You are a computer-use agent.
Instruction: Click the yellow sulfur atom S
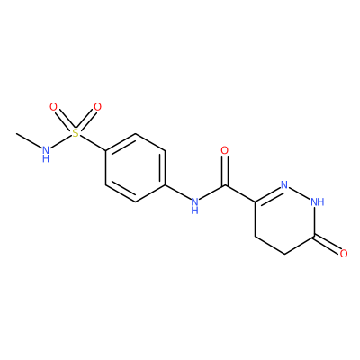(x=76, y=133)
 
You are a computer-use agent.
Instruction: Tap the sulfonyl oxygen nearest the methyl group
(x=53, y=107)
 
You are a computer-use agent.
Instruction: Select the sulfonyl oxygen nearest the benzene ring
(x=97, y=107)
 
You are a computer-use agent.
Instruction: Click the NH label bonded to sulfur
(x=46, y=153)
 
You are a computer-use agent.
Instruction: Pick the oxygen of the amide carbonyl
(x=225, y=150)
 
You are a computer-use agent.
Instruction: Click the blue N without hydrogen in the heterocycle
(x=284, y=184)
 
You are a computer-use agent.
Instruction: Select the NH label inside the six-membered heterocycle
(x=318, y=202)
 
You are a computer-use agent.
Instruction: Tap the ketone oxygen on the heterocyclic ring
(x=344, y=254)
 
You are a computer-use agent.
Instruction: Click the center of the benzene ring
(x=135, y=167)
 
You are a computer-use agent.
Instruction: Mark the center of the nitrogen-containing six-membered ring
(x=284, y=220)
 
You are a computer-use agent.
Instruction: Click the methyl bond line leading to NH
(x=29, y=139)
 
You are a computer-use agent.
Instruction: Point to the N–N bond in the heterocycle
(x=300, y=193)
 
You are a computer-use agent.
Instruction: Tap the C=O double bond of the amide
(x=225, y=171)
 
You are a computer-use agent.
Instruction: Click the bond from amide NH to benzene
(x=177, y=192)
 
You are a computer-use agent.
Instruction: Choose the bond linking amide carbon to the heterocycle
(x=239, y=193)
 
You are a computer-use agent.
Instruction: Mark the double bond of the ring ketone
(x=327, y=244)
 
